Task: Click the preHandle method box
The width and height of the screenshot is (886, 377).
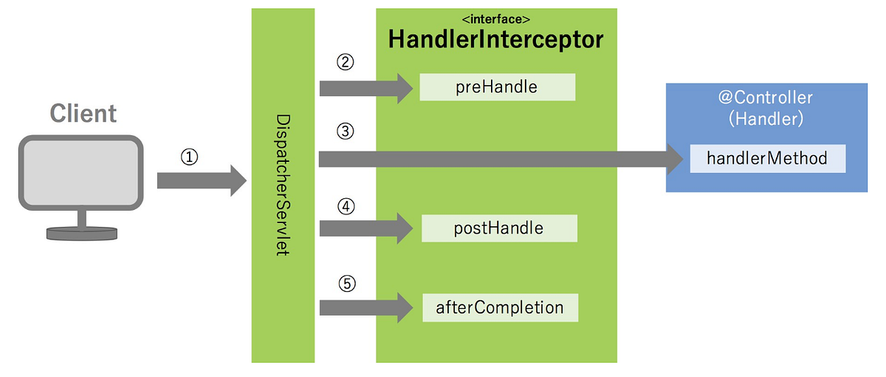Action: coord(497,87)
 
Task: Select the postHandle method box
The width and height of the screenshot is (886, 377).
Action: coord(498,228)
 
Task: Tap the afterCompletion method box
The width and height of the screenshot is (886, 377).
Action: coord(500,307)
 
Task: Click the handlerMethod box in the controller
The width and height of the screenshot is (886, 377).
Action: coord(766,158)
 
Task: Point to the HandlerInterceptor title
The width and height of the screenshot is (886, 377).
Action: coord(496,40)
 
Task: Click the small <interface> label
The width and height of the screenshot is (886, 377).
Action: coord(495,18)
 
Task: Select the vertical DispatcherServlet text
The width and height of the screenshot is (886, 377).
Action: coord(283,185)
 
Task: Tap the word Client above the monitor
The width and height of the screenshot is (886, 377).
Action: coord(83,113)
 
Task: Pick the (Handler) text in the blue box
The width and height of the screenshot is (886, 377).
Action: coord(766,118)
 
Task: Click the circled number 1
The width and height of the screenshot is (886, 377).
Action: coord(189,157)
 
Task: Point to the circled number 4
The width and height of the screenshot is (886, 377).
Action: coord(345,207)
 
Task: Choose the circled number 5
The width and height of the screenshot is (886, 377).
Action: coord(345,283)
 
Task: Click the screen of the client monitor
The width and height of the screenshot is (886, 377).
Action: coord(80,171)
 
